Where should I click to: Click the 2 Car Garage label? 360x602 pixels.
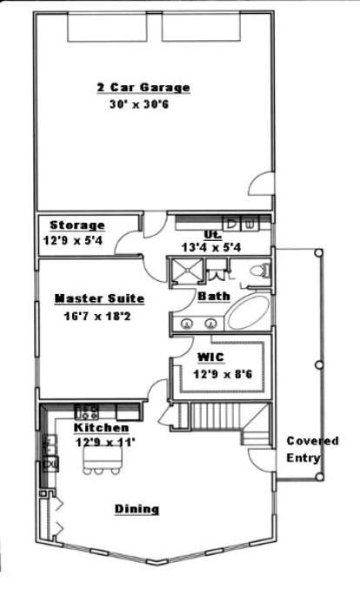(x=143, y=87)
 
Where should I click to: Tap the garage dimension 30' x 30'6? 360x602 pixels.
(x=139, y=104)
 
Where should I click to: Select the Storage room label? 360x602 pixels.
(x=77, y=225)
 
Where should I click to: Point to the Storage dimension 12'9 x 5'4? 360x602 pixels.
(x=72, y=241)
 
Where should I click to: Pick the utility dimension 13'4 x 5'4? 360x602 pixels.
(x=211, y=247)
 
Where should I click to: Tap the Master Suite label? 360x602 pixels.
(x=99, y=298)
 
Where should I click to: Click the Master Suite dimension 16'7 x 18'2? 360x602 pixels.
(x=97, y=317)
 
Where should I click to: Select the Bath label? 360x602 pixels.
(x=214, y=297)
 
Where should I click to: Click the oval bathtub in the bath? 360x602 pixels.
(x=248, y=311)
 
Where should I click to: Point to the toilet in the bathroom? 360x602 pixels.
(x=259, y=271)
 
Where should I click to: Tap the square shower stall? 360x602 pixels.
(x=187, y=271)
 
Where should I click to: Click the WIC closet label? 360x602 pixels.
(x=210, y=357)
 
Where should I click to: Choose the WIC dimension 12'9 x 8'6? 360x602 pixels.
(x=223, y=373)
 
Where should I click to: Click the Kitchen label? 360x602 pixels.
(x=101, y=427)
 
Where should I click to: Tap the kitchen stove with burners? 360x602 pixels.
(x=86, y=411)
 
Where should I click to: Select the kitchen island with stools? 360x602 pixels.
(x=103, y=460)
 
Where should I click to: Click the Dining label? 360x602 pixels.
(x=137, y=509)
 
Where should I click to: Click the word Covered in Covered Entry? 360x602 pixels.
(x=312, y=441)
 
